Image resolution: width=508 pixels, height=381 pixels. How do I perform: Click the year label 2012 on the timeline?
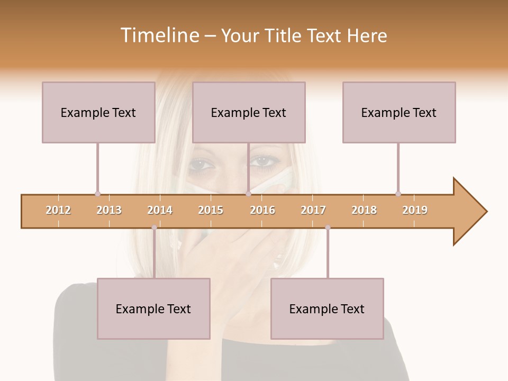(58, 210)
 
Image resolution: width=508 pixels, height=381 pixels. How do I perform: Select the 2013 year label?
(109, 210)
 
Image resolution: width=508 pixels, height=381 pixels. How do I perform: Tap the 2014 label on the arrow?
(160, 210)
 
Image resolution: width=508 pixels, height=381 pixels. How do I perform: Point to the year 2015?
(211, 210)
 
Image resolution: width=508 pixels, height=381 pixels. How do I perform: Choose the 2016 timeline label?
(262, 210)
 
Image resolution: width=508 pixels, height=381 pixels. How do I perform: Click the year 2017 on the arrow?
(313, 210)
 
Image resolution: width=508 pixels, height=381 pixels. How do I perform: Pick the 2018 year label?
(364, 210)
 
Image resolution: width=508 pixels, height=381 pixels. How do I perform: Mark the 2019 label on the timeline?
(415, 210)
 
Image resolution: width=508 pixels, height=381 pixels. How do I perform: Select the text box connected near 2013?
(98, 112)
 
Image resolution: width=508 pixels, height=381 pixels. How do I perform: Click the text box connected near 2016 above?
(249, 112)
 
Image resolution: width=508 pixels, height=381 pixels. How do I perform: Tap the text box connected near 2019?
(399, 112)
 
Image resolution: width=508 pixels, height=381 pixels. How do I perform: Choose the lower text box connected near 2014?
(153, 309)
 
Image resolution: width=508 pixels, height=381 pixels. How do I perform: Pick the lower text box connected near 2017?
(327, 309)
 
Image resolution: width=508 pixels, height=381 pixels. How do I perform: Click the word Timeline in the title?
(159, 35)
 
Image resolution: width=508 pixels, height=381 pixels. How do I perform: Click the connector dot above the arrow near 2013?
(97, 194)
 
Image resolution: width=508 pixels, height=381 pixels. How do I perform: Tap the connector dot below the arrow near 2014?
(154, 228)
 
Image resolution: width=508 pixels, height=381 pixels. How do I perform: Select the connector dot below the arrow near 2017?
(328, 228)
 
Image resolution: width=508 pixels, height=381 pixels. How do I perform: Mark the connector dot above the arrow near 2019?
(398, 194)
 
